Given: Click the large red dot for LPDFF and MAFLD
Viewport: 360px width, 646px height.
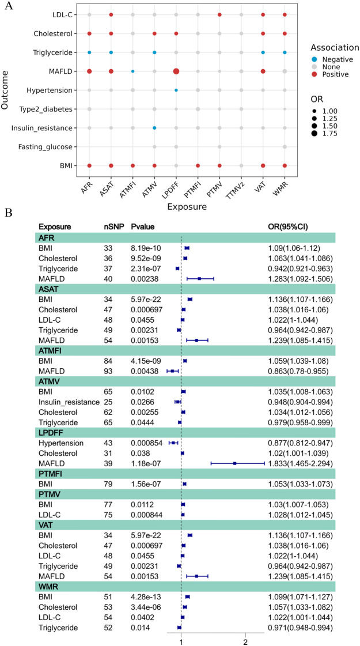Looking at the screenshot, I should pyautogui.click(x=176, y=71).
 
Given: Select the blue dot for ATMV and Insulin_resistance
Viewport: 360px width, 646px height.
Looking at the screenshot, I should pyautogui.click(x=154, y=127).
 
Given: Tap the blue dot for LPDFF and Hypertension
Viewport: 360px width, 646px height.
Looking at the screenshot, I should pyautogui.click(x=176, y=90).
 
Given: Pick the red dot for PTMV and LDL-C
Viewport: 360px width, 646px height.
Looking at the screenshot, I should pyautogui.click(x=219, y=14).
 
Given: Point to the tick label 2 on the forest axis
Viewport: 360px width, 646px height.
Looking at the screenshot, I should pyautogui.click(x=245, y=638).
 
